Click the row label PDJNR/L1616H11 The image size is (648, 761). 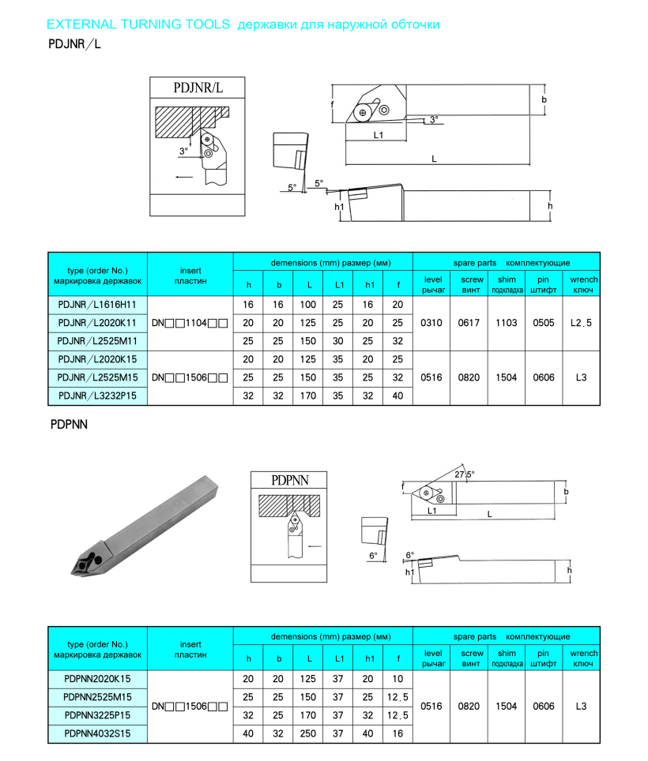coord(98,304)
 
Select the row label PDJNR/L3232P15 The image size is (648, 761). coord(98,395)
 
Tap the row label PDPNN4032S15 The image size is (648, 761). coord(98,733)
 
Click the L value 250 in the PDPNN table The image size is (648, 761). coord(309,733)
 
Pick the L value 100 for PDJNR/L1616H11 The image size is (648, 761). coord(309,304)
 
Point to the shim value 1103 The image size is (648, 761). coord(507,322)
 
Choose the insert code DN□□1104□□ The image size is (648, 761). coord(190,322)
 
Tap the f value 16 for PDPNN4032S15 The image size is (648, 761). coord(397,733)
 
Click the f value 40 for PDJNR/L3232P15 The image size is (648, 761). coord(397,395)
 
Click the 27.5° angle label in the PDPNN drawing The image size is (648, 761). coord(464,474)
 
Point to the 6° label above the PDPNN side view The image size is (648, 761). coord(409,555)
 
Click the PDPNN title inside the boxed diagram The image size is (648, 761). coord(288,480)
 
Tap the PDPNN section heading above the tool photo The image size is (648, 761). coord(69,424)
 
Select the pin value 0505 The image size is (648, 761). coord(544,322)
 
